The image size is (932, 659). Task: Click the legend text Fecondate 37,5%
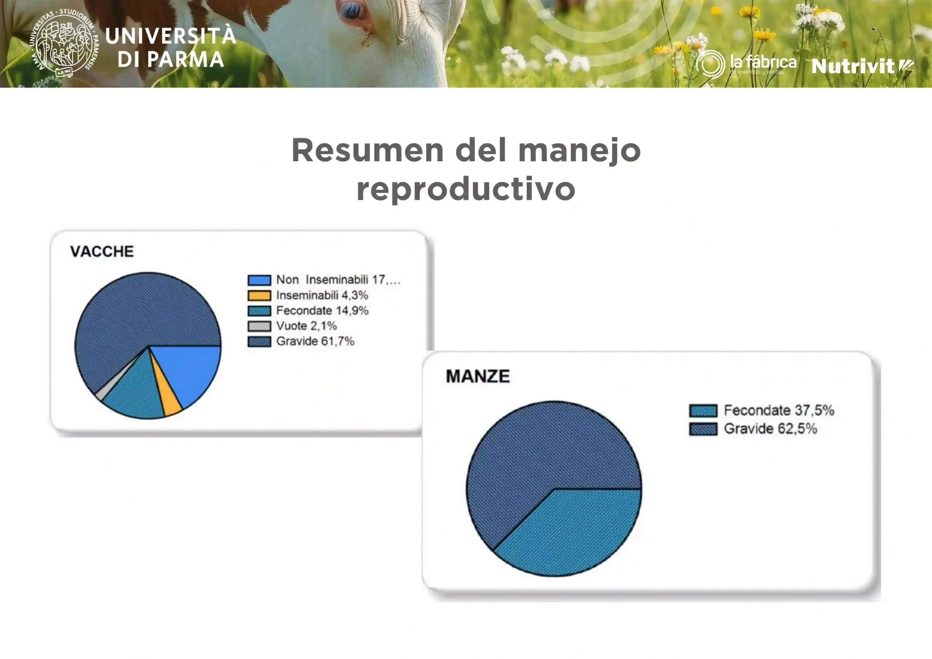[779, 410]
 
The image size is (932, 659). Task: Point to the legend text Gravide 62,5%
[770, 429]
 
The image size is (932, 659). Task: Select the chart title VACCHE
[102, 251]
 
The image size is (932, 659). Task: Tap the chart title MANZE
[478, 376]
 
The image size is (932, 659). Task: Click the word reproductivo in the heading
[466, 189]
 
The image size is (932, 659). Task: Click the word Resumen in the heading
[367, 150]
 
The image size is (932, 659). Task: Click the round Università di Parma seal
[64, 43]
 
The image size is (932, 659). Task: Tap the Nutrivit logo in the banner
[862, 66]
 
